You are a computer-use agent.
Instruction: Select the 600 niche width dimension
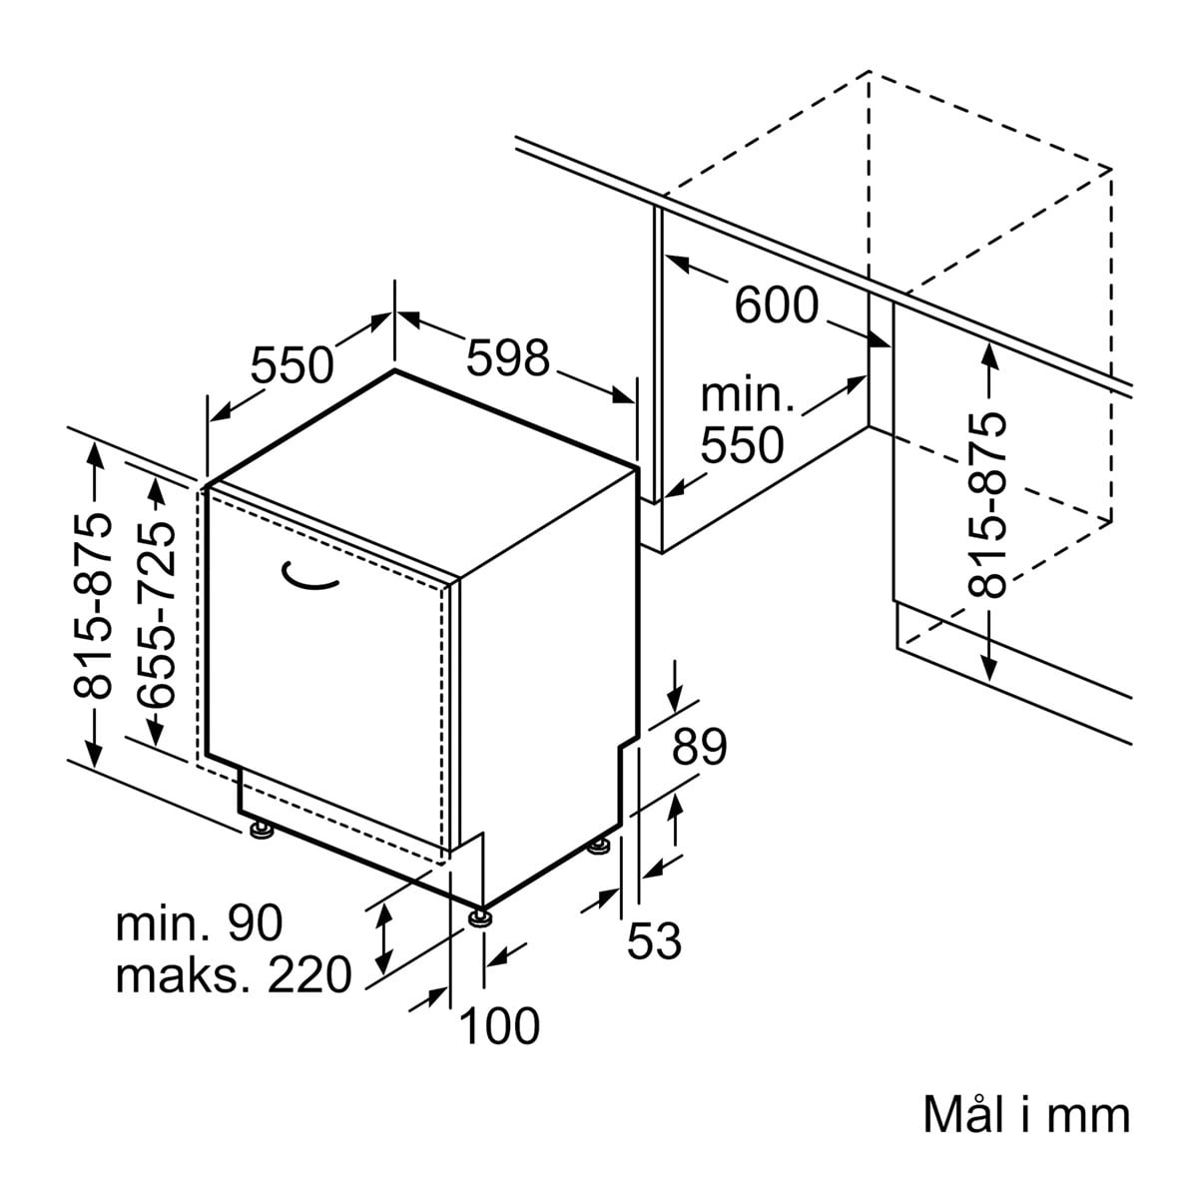(776, 304)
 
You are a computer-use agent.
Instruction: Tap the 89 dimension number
(713, 747)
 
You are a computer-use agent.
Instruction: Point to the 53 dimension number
(654, 940)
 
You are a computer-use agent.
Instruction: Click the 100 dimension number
(499, 1025)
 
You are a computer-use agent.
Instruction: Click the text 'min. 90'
(200, 923)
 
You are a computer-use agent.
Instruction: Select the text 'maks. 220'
(234, 974)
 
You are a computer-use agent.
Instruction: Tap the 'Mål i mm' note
(1026, 1115)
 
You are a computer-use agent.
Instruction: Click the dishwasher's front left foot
(262, 831)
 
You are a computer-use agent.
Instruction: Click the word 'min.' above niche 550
(747, 395)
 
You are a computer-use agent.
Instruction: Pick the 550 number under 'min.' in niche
(742, 445)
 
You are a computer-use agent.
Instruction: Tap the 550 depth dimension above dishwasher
(291, 364)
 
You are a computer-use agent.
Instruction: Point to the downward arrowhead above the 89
(676, 700)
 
